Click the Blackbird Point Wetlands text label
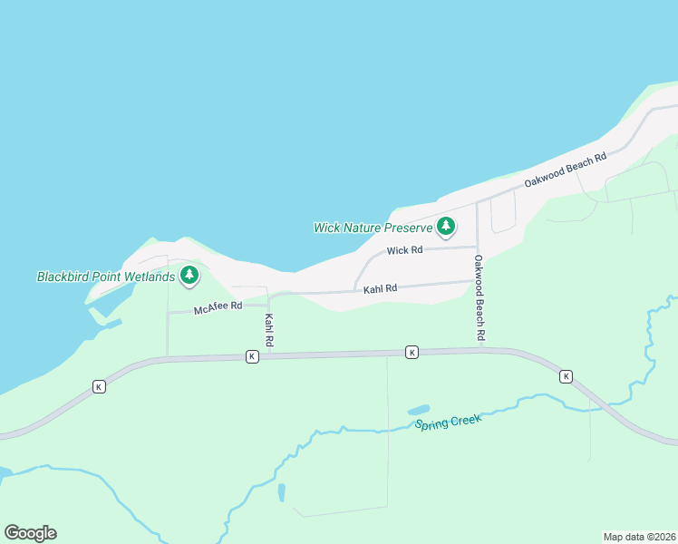(x=105, y=277)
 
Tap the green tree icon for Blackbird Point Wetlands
(x=189, y=275)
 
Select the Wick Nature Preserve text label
(x=373, y=228)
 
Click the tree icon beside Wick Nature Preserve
(x=445, y=226)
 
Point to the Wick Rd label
(x=404, y=250)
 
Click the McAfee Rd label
(x=218, y=306)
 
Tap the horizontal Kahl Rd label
(x=381, y=289)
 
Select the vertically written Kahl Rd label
(x=269, y=330)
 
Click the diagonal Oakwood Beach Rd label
(x=565, y=170)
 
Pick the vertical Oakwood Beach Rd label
(x=479, y=298)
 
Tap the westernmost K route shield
(x=99, y=386)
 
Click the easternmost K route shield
(x=566, y=375)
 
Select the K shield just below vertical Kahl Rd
(x=252, y=357)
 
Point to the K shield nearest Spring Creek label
(x=412, y=352)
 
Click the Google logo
(x=30, y=533)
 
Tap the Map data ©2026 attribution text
(x=639, y=536)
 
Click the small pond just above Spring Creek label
(x=419, y=410)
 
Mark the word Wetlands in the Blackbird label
(x=147, y=277)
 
